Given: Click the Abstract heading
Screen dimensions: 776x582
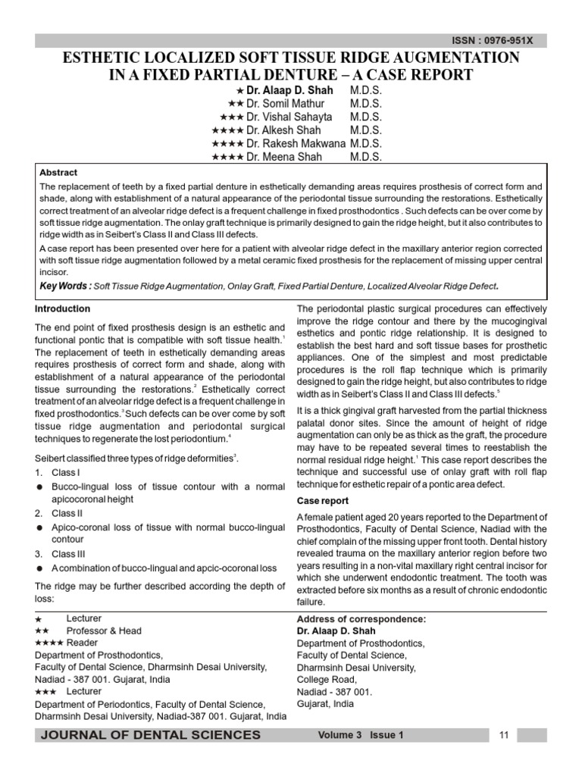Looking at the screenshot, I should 58,173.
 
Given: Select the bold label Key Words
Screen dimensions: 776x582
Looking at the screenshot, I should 64,286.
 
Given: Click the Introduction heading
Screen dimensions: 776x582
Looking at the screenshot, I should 63,309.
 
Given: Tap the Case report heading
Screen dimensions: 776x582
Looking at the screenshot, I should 323,501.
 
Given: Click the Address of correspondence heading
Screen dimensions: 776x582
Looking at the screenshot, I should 361,619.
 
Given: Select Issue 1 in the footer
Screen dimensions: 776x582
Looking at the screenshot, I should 387,736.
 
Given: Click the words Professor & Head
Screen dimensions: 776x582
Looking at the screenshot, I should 104,630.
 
